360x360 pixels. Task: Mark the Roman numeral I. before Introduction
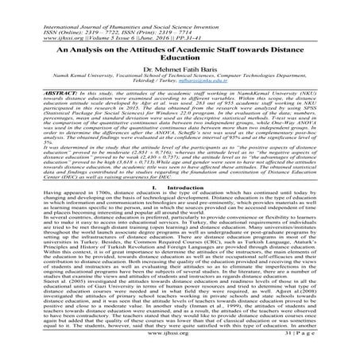click(165, 205)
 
